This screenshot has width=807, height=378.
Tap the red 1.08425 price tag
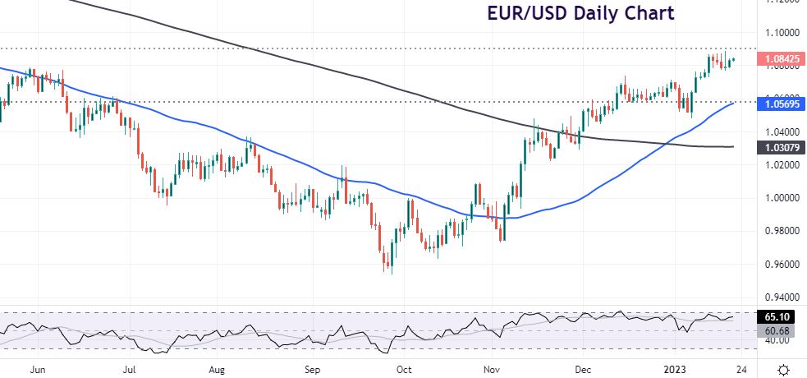[782, 59]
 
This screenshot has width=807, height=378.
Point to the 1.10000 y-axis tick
[782, 33]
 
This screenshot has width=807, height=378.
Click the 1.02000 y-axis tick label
[782, 164]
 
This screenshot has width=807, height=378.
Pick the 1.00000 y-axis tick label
[782, 198]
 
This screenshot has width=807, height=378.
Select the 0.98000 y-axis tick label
[782, 231]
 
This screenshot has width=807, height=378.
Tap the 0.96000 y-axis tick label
[782, 265]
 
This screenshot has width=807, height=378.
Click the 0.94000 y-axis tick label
[782, 297]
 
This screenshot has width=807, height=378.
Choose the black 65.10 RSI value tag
[777, 316]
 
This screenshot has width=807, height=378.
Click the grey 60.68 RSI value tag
[777, 330]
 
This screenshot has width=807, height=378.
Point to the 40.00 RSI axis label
[776, 340]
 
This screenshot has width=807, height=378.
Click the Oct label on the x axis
[403, 369]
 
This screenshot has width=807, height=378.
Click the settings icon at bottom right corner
[784, 369]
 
